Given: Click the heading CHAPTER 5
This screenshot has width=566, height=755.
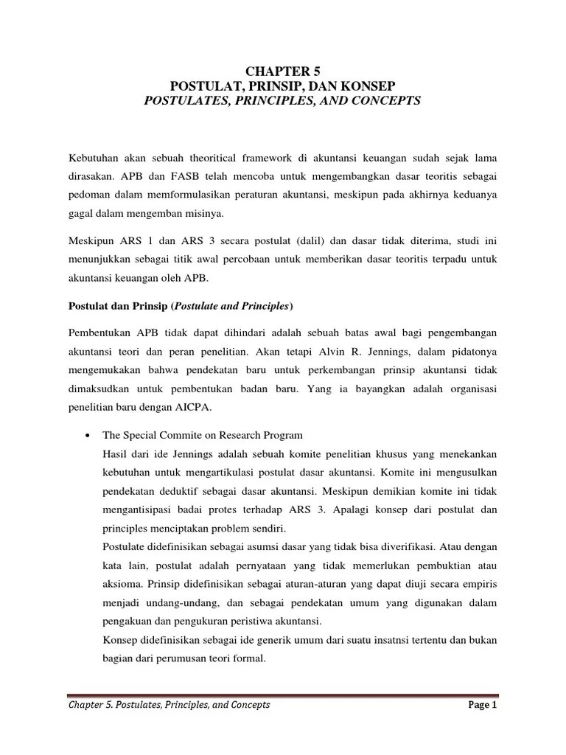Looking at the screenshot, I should pos(282,71).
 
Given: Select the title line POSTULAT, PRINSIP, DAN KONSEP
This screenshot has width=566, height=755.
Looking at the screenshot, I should pos(282,86).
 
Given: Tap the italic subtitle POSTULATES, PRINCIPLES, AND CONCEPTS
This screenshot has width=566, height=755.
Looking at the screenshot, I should pos(282,100).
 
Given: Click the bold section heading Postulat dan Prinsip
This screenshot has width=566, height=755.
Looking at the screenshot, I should pos(117,305).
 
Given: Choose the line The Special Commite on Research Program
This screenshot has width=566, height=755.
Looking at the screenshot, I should pos(203,435).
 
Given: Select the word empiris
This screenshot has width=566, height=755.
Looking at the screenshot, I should pos(479,582).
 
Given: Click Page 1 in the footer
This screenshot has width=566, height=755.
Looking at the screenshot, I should pos(483,704).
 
